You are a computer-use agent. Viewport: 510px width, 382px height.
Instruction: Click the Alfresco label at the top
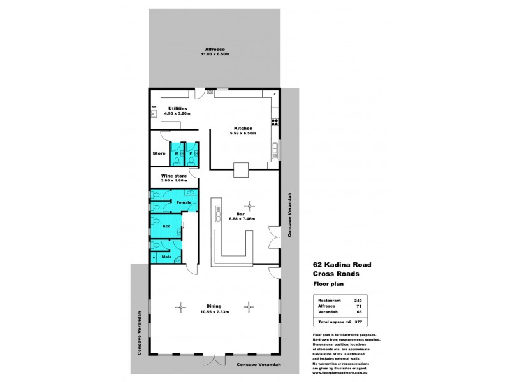[212, 49]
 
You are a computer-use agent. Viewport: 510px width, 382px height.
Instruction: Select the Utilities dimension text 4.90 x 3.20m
[177, 114]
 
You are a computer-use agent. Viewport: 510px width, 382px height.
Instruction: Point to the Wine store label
[173, 175]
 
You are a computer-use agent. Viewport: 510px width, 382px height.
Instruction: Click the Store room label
[159, 153]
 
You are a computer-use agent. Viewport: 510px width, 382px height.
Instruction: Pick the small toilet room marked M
[176, 153]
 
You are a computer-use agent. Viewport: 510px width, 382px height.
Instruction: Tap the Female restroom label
[184, 202]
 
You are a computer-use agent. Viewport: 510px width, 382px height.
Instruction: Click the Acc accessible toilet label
[166, 226]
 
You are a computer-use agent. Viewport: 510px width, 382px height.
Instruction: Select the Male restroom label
[166, 257]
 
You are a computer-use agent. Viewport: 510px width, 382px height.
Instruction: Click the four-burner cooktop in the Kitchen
[275, 121]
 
